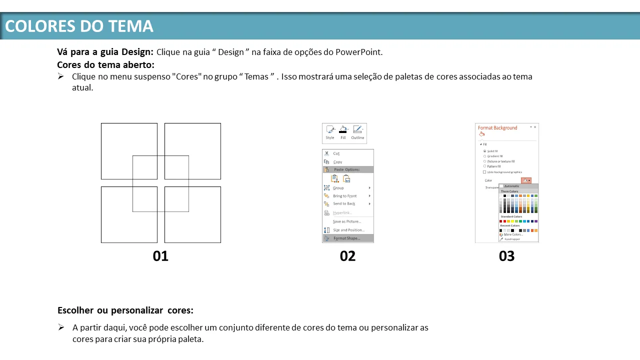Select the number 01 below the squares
point(160,256)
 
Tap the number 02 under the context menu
point(347,256)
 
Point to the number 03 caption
point(506,256)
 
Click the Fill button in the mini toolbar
point(343,132)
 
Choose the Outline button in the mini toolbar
point(357,132)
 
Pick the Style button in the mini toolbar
point(330,132)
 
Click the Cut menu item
point(336,153)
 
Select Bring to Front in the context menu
point(345,196)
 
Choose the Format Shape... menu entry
point(346,238)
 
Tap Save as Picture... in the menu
point(347,221)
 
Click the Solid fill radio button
point(484,151)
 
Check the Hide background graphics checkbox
point(484,172)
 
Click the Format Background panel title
point(497,128)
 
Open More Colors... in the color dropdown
point(513,234)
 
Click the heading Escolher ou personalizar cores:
point(125,310)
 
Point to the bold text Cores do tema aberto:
point(105,65)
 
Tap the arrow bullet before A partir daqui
point(61,327)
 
